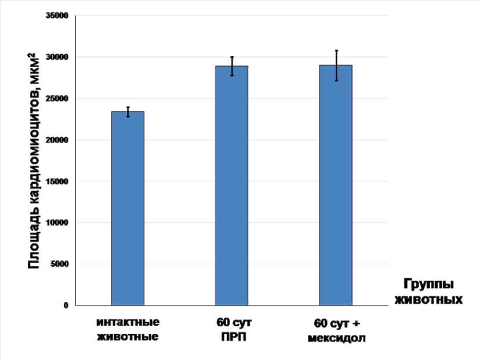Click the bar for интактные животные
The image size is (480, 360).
(128, 208)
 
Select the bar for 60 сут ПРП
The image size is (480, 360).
(232, 186)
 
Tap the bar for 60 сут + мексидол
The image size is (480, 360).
(336, 185)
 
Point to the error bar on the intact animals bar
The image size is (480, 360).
(128, 111)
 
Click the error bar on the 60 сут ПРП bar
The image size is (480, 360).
(232, 66)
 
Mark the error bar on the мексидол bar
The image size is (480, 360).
(336, 65)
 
